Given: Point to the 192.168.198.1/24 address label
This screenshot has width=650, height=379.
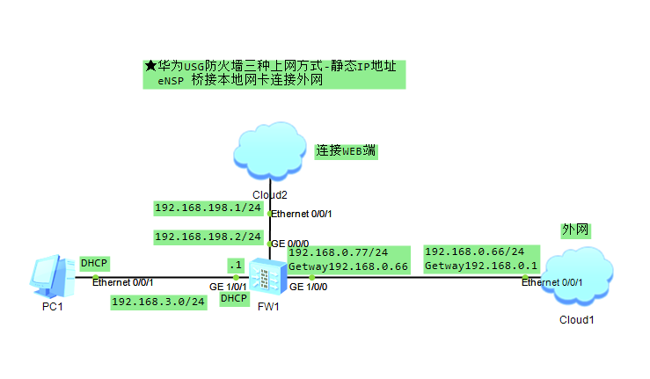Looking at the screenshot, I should (208, 208).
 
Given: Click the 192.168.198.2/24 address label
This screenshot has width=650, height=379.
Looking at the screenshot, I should (208, 237).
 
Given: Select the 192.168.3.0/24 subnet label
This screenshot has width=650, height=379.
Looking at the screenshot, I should (158, 302).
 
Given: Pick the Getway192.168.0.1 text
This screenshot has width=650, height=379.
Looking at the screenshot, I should (480, 266).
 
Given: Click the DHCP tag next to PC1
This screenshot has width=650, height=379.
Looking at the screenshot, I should (94, 263).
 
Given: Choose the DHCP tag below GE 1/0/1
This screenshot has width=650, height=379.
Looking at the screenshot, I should (234, 299).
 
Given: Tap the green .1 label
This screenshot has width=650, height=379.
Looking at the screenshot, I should (235, 266).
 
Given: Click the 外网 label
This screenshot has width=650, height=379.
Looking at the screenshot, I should (574, 230).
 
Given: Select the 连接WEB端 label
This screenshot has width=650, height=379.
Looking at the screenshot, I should (347, 150).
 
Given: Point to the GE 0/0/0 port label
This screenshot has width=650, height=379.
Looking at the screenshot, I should (291, 243).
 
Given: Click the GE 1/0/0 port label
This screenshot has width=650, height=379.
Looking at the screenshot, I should (308, 288).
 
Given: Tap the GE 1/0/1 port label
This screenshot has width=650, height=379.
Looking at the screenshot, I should (227, 288).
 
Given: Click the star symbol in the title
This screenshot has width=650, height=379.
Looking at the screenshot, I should (150, 66).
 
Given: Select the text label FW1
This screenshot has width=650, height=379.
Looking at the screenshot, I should (268, 306).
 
